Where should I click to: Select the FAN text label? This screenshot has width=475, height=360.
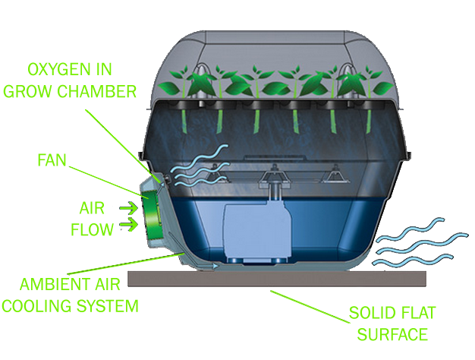(x=54, y=161)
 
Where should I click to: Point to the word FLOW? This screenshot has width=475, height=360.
(x=92, y=227)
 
